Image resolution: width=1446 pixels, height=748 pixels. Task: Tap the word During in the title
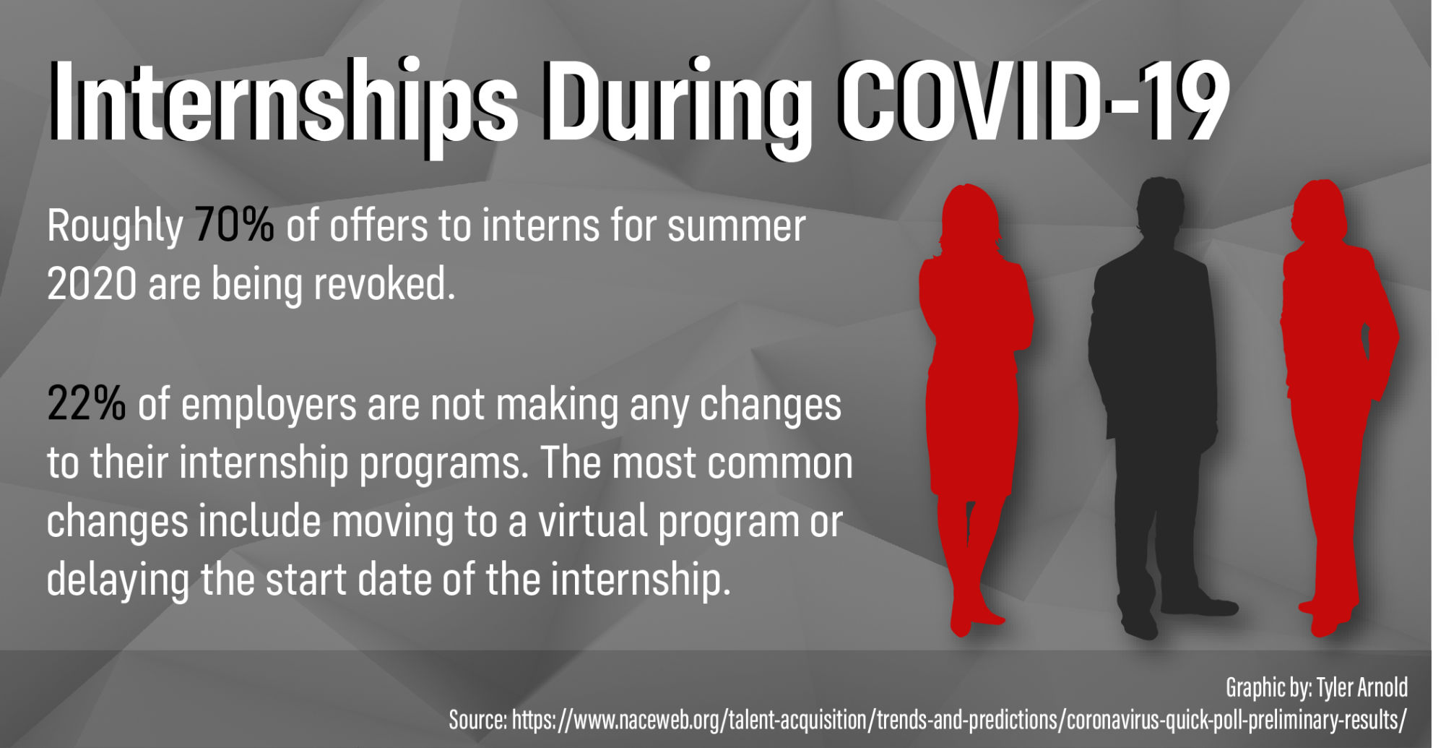click(x=679, y=104)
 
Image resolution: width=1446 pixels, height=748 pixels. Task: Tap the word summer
click(x=736, y=225)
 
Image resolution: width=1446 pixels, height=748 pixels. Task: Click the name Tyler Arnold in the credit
click(x=1362, y=687)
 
